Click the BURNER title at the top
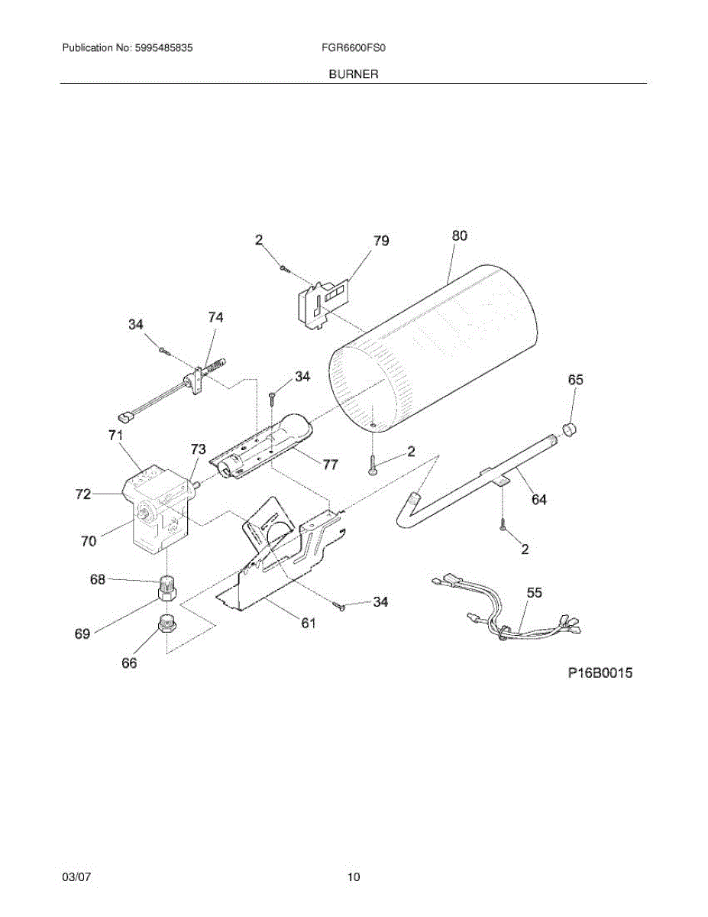coord(354,74)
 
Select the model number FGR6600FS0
coord(354,47)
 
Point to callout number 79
coord(380,241)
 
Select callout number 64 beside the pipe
coord(539,501)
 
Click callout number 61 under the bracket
coord(307,623)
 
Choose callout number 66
coord(130,663)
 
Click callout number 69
coord(82,633)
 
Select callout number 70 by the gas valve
coord(89,541)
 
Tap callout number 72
coord(82,494)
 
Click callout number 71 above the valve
coord(115,436)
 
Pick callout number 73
coord(198,450)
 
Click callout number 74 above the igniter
coord(216,316)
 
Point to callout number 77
coord(329,464)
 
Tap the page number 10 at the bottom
coord(354,877)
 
